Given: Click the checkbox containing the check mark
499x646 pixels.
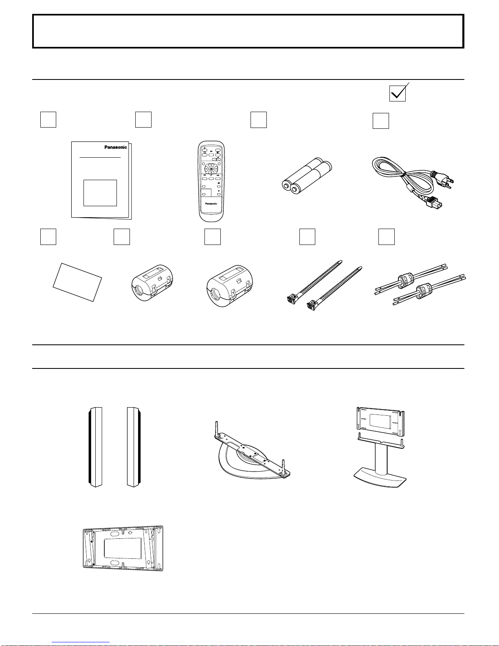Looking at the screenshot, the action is (398, 94).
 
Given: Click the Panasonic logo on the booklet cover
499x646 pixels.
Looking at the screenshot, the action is (116, 147).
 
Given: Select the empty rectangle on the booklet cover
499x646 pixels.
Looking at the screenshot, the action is (100, 193).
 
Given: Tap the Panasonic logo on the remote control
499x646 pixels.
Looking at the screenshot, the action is (211, 204).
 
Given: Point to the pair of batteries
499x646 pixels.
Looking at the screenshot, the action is (307, 176).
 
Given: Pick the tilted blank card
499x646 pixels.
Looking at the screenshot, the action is (77, 282).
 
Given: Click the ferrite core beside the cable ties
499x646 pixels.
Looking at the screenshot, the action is (230, 286).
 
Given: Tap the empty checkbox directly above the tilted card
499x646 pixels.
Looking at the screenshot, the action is (48, 237).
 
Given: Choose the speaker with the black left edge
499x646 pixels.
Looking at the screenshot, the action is (95, 447).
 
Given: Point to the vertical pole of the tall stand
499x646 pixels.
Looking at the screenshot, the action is (381, 459).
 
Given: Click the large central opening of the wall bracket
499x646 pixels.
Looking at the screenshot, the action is (123, 549).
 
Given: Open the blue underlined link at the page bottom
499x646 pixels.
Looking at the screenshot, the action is (81, 642).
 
